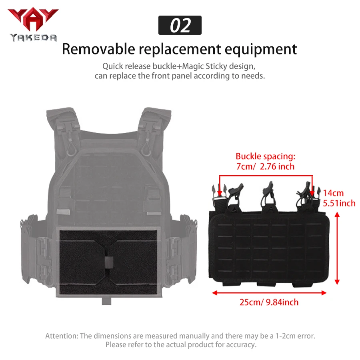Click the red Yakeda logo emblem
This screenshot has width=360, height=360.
click(x=33, y=19)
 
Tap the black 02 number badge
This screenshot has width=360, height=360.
click(x=180, y=25)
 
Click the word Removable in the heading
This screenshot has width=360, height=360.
click(x=98, y=49)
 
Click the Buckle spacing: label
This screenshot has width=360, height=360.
click(x=266, y=156)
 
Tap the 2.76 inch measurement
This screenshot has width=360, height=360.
click(x=277, y=166)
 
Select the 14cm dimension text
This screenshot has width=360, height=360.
click(x=333, y=193)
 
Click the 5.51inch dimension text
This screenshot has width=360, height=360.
click(x=339, y=203)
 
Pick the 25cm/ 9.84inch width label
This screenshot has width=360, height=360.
click(x=269, y=302)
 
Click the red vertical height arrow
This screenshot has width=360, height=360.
click(x=337, y=248)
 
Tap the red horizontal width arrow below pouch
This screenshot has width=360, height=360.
click(x=269, y=293)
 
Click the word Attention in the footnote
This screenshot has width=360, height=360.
click(x=61, y=336)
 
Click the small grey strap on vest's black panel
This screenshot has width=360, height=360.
click(x=109, y=262)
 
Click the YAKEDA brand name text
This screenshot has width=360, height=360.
click(x=33, y=38)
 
